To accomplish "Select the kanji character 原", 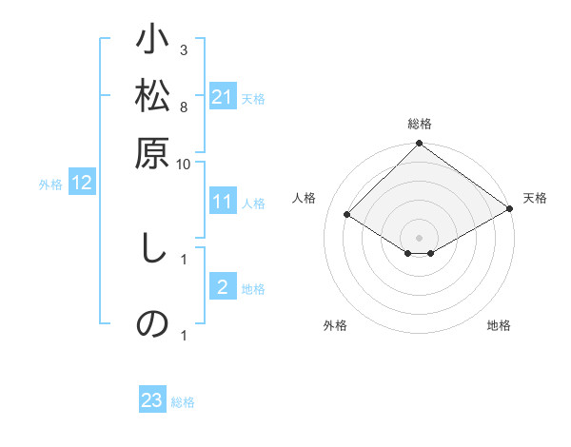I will coord(152,153).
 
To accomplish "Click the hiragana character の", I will coord(152,323).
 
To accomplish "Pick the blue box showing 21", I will coord(223,97).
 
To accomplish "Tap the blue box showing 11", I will coord(223,202).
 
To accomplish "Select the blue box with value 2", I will coord(223,288).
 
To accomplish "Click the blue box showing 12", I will coord(82,184).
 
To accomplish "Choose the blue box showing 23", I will coord(152,401).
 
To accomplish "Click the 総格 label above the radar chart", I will coord(420,124).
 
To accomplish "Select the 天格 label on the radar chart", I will coord(535,198).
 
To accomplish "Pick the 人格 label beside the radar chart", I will coord(305,198).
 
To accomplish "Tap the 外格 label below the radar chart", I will coord(335,326).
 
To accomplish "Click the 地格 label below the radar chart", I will coord(499,326).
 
